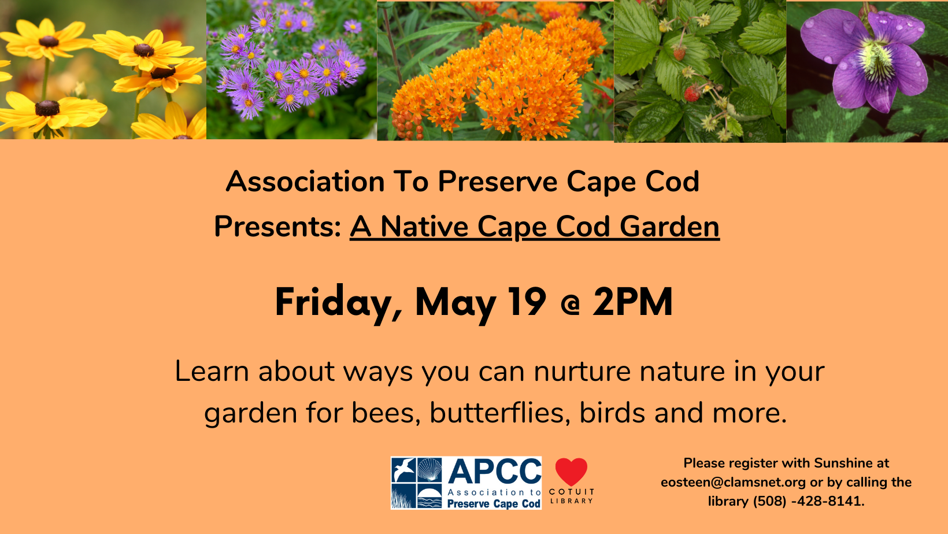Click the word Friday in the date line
(x=334, y=303)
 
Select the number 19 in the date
(x=527, y=302)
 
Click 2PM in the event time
(x=633, y=302)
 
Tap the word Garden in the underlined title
(x=669, y=227)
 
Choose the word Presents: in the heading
(x=277, y=227)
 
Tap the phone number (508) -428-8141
(x=808, y=502)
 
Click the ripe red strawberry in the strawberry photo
(x=692, y=93)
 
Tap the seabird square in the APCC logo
(x=403, y=470)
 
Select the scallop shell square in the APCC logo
(x=429, y=470)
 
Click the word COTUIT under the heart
(x=572, y=492)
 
